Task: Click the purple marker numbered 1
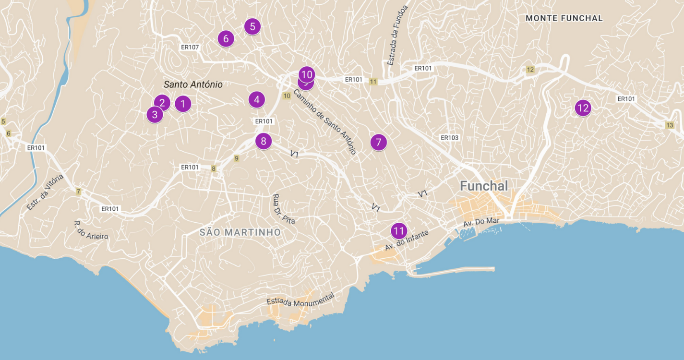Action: pyautogui.click(x=182, y=103)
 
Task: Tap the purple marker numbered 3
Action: pyautogui.click(x=155, y=115)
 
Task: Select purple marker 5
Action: pyautogui.click(x=252, y=26)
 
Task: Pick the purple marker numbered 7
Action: pyautogui.click(x=378, y=142)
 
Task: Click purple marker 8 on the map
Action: pyautogui.click(x=264, y=141)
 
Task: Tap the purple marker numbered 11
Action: pyautogui.click(x=398, y=231)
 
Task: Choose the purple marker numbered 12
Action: pyautogui.click(x=583, y=108)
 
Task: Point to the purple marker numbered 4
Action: pyautogui.click(x=257, y=99)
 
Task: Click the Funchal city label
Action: pyautogui.click(x=484, y=186)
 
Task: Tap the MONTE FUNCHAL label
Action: pyautogui.click(x=564, y=18)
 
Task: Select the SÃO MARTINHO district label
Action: pyautogui.click(x=240, y=232)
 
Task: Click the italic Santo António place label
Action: pyautogui.click(x=193, y=84)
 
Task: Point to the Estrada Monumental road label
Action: pyautogui.click(x=300, y=300)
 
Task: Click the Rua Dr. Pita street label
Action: pyautogui.click(x=283, y=209)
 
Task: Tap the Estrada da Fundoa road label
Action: pyautogui.click(x=397, y=36)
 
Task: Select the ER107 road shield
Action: pyautogui.click(x=190, y=47)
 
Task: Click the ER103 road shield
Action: pyautogui.click(x=449, y=138)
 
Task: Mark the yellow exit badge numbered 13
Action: pyautogui.click(x=670, y=125)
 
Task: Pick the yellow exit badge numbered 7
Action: pyautogui.click(x=78, y=192)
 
